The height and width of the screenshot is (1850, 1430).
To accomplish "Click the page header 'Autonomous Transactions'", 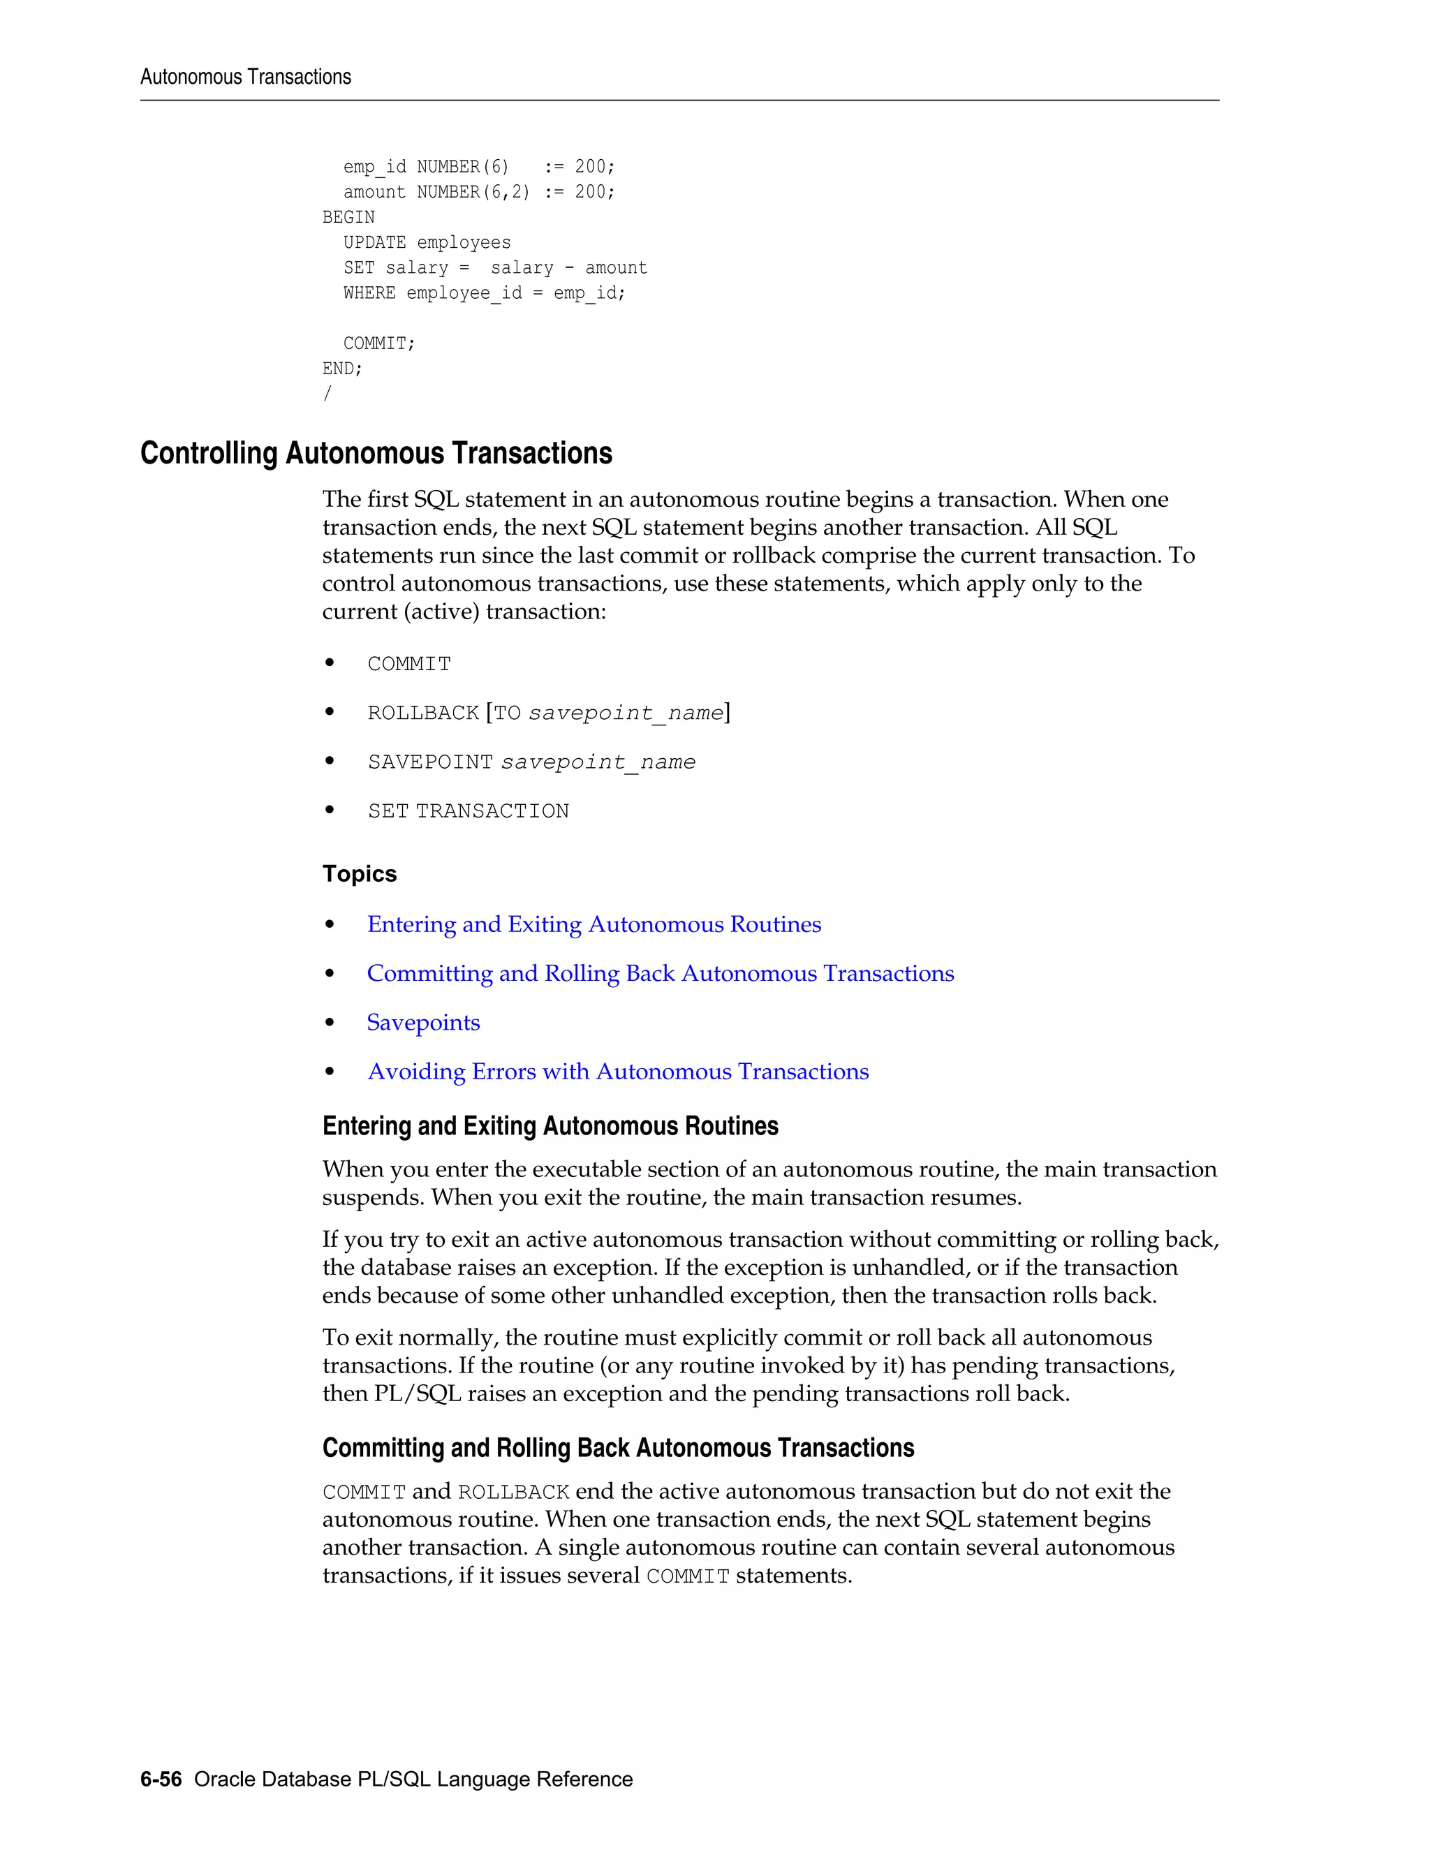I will click(245, 77).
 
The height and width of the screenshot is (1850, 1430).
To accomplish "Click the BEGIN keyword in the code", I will click(348, 217).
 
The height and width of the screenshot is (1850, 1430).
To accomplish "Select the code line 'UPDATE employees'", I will click(426, 242).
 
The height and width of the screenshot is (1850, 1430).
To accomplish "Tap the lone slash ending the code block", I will click(327, 394).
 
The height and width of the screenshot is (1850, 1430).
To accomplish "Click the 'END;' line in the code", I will click(342, 369).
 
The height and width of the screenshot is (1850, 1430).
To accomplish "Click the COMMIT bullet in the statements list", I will click(408, 664).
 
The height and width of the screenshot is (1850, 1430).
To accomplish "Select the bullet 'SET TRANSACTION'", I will click(468, 811).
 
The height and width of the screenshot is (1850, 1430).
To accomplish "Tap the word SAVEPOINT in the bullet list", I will click(429, 762).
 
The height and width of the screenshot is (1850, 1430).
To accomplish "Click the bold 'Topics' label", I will click(359, 873).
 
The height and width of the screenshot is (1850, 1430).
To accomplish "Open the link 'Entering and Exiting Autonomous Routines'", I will click(594, 924).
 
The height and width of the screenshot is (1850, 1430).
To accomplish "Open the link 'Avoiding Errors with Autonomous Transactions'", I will click(617, 1072).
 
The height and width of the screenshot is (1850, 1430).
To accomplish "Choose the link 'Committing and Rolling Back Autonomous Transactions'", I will click(660, 973).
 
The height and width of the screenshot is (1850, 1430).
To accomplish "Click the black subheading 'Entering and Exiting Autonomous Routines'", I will click(550, 1126).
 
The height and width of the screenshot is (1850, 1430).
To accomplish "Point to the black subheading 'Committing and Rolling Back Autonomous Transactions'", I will click(617, 1448).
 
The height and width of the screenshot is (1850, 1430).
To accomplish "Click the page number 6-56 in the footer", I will click(161, 1779).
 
